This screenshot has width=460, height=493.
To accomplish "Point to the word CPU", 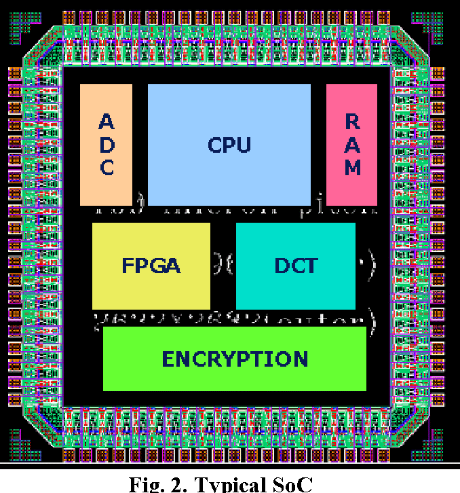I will [x=229, y=145].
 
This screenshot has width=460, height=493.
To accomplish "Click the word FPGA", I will [x=151, y=266].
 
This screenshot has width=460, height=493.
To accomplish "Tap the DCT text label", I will [x=296, y=266].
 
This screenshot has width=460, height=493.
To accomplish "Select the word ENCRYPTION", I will [x=235, y=359].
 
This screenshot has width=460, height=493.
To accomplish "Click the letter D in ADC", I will [x=107, y=145].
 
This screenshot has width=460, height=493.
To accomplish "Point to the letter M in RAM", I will [x=352, y=167].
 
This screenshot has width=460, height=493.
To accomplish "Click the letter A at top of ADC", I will [x=107, y=122].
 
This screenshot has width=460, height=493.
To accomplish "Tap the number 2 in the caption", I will [x=178, y=484].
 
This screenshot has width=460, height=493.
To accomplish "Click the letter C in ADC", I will [x=107, y=167].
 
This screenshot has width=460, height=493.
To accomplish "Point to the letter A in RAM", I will [x=352, y=144].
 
